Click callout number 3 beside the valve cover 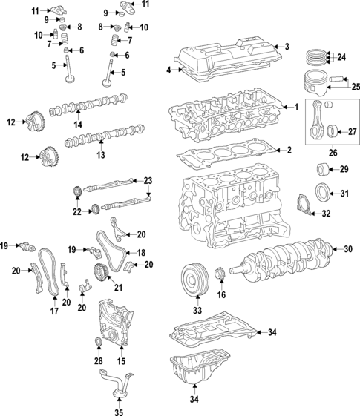point(287,47)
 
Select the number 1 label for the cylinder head point(296,107)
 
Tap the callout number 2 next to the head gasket point(289,150)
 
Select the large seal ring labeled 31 point(324,194)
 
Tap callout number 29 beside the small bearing point(344,170)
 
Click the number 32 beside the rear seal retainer point(326,214)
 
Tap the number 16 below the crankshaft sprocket point(220,294)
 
